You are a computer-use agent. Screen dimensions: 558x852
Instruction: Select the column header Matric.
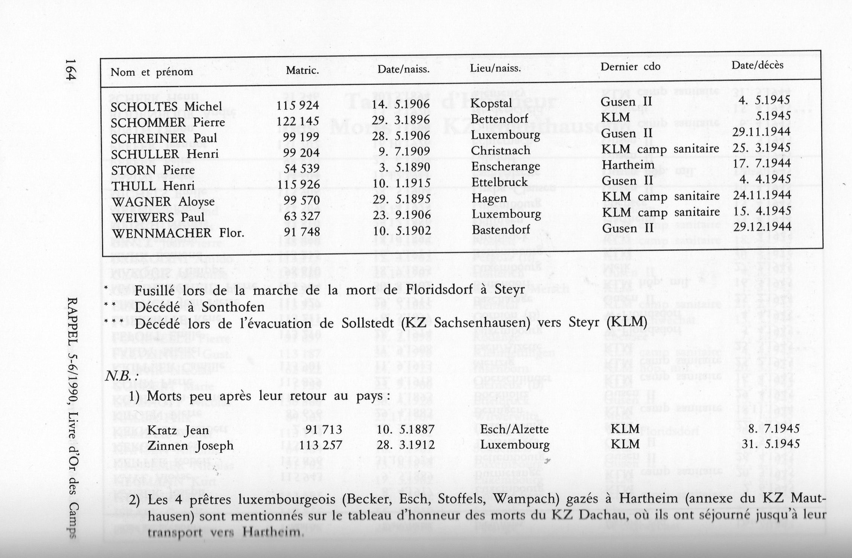(x=302, y=70)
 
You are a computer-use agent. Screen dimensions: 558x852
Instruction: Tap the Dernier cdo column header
(x=630, y=67)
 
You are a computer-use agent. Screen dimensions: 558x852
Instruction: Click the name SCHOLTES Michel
(x=166, y=107)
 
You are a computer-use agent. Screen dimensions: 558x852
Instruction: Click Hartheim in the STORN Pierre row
(x=628, y=165)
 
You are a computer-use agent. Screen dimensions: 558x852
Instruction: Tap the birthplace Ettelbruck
(x=500, y=182)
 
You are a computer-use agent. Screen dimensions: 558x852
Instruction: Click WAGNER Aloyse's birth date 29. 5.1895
(x=401, y=199)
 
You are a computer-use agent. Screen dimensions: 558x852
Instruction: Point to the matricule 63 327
(x=302, y=216)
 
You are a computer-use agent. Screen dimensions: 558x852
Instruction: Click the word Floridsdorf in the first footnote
(x=438, y=290)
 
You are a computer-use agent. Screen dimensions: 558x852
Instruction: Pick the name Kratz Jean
(x=178, y=430)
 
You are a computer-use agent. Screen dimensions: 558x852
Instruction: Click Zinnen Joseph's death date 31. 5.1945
(x=770, y=444)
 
